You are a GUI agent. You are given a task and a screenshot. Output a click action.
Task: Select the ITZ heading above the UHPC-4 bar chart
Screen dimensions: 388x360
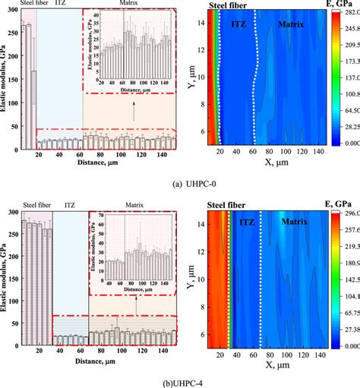pos(70,203)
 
